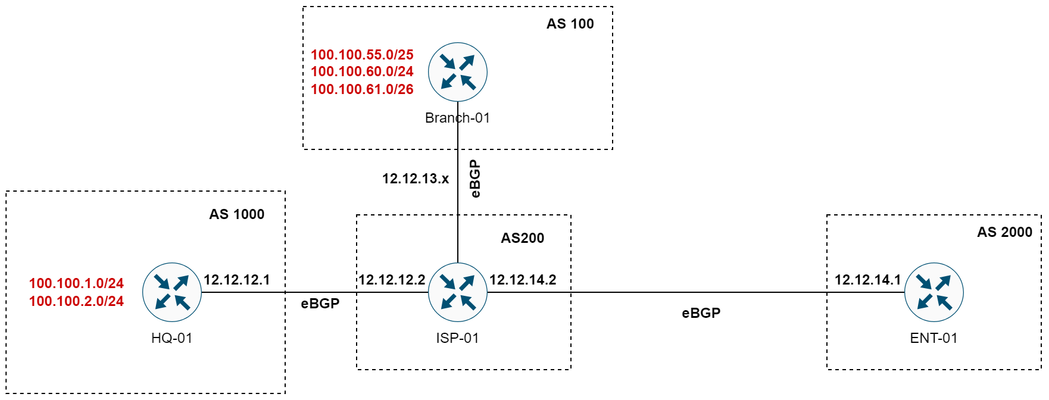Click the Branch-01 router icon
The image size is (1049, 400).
click(458, 72)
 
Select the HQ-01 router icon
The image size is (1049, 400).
click(172, 292)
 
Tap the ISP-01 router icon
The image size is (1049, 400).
click(458, 292)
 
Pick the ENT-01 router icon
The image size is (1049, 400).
click(934, 292)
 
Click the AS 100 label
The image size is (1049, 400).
click(570, 24)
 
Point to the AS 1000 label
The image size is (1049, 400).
click(236, 214)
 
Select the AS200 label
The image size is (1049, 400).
click(522, 238)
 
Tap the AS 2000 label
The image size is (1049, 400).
click(1004, 232)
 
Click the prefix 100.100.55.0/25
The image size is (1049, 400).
click(362, 55)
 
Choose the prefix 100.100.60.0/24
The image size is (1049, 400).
click(362, 71)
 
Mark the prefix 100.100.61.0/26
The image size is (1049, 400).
click(362, 89)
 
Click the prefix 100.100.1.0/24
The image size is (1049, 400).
click(76, 283)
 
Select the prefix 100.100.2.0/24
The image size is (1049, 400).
click(76, 301)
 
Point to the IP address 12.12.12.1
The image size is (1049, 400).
click(236, 280)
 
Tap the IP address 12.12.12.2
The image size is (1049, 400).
click(392, 280)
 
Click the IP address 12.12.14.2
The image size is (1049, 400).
click(523, 280)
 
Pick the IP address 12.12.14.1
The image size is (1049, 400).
click(867, 280)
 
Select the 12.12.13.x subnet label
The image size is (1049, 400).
click(415, 179)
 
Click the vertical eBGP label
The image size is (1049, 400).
click(474, 179)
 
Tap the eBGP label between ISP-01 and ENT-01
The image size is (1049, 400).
click(701, 313)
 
